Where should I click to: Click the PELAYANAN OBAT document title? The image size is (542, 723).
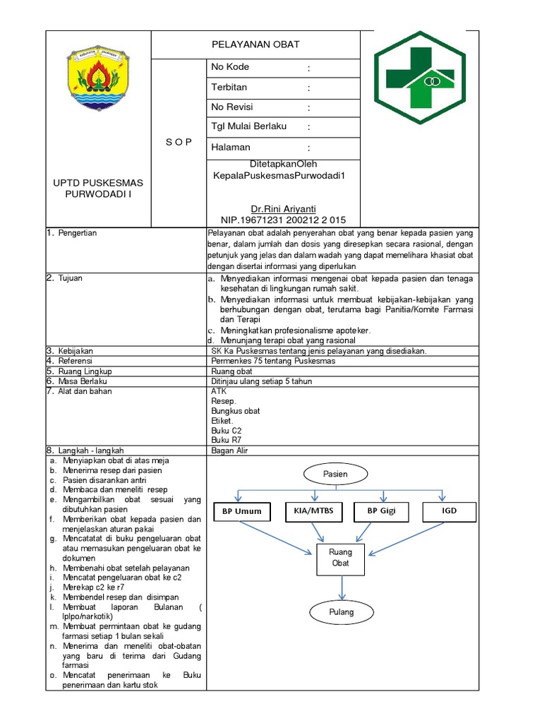point(255,44)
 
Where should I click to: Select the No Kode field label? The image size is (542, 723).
point(230,67)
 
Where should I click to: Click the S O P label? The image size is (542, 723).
point(179,142)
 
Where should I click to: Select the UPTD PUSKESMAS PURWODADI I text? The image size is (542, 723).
point(98,189)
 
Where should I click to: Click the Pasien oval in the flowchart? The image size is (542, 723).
point(336,474)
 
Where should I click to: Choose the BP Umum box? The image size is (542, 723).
point(241,511)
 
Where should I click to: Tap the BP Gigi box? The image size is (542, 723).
point(381,510)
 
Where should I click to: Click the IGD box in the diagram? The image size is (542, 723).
point(450,510)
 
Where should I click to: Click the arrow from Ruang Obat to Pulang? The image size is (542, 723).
point(342,585)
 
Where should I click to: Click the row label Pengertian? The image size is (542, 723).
point(76,233)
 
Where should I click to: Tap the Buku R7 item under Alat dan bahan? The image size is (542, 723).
point(221,439)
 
